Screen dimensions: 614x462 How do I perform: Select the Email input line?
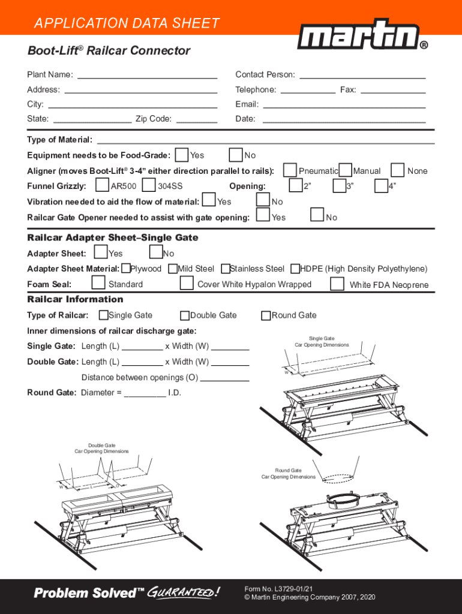344,104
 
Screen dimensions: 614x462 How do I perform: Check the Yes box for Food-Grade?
181,155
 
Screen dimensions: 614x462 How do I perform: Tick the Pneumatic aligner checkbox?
290,170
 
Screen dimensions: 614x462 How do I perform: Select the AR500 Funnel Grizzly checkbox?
103,185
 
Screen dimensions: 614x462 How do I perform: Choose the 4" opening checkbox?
380,186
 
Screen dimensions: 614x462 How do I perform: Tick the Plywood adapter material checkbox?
127,269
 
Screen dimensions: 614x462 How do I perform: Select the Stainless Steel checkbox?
226,269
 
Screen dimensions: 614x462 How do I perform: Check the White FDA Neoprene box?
338,283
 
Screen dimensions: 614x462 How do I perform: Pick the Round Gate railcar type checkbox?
266,315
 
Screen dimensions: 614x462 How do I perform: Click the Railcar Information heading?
75,299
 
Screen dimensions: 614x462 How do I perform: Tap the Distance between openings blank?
224,378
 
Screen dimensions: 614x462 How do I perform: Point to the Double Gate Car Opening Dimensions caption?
101,449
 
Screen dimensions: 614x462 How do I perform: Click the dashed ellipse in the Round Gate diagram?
340,478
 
